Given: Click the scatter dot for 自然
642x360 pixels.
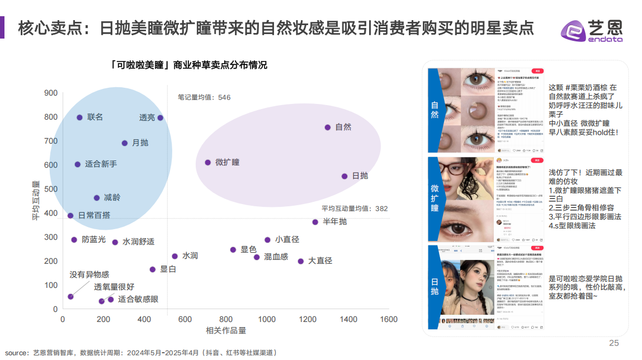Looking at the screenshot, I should [328, 127].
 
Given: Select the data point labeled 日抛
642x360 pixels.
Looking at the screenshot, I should [344, 176].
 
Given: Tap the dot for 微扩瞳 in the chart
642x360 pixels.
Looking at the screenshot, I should [207, 162].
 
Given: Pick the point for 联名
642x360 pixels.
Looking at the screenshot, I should [79, 117].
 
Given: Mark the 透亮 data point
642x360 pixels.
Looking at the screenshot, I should [160, 117].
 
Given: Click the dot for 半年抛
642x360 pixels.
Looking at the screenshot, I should [315, 222].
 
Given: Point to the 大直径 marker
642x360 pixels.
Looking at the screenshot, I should [300, 261].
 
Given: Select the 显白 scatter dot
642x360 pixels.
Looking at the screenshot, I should [152, 269].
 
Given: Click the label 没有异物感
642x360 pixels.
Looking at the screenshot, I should [89, 274].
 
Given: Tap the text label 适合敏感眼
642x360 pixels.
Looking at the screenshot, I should [138, 299].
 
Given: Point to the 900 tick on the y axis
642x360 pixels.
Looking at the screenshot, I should [51, 93].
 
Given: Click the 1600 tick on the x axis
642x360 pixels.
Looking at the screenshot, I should [389, 319].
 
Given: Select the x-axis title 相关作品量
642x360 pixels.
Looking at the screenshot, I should [226, 330].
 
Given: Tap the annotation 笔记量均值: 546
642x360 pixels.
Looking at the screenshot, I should [204, 97].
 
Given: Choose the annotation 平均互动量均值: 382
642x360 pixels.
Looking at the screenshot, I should [355, 209].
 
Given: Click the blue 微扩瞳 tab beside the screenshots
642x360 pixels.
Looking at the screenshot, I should [435, 200].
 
